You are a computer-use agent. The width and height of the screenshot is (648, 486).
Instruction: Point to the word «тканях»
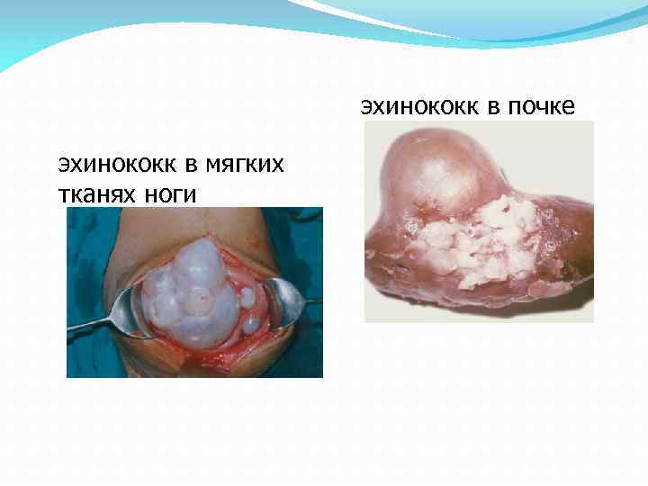pos(97,193)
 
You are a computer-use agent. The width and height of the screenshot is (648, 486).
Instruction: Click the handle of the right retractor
pos(310,300)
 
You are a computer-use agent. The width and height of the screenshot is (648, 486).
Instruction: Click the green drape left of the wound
pos(90,261)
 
